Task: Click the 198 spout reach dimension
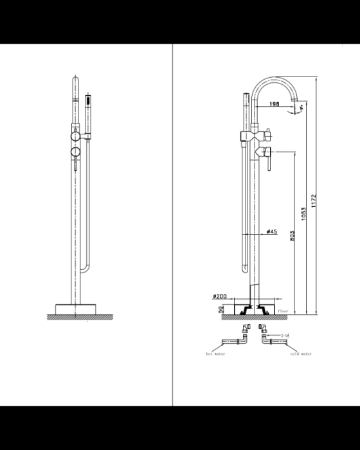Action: pos(274,104)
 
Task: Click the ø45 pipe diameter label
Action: pos(271,232)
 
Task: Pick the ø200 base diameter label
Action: pos(219,296)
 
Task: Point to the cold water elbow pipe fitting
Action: pos(265,332)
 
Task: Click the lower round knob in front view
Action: pos(75,152)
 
